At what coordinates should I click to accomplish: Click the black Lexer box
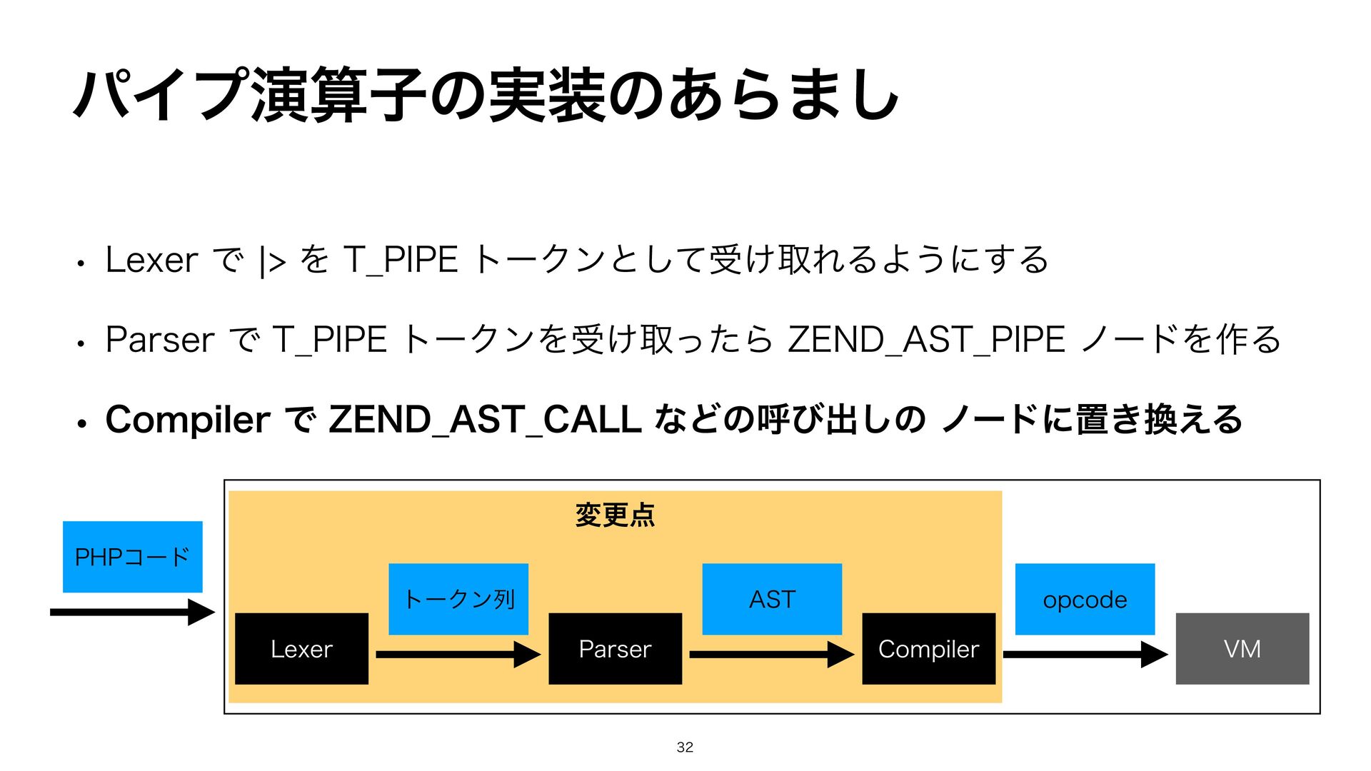[x=301, y=648]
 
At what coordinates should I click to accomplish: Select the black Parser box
[x=615, y=648]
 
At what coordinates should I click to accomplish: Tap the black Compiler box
[x=928, y=648]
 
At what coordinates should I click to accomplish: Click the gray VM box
[x=1242, y=648]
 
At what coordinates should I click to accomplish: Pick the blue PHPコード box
[x=132, y=557]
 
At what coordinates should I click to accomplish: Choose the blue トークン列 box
[x=458, y=599]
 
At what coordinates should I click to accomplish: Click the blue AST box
[x=772, y=599]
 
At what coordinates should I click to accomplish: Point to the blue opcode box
[x=1085, y=599]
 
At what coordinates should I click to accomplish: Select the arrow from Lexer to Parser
[x=458, y=654]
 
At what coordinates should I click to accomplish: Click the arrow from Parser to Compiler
[x=771, y=654]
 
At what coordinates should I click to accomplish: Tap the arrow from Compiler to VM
[x=1085, y=654]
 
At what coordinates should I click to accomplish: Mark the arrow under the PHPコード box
[x=132, y=612]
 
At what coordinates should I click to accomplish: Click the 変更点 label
[x=615, y=515]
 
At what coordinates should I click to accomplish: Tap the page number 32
[x=685, y=747]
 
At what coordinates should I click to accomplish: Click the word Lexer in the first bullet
[x=151, y=260]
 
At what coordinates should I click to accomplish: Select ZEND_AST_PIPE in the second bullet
[x=926, y=339]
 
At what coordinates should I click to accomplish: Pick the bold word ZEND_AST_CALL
[x=485, y=419]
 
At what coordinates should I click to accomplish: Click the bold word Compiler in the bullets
[x=187, y=419]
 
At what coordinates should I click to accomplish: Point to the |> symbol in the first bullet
[x=273, y=261]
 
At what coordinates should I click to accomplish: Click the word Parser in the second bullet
[x=160, y=339]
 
